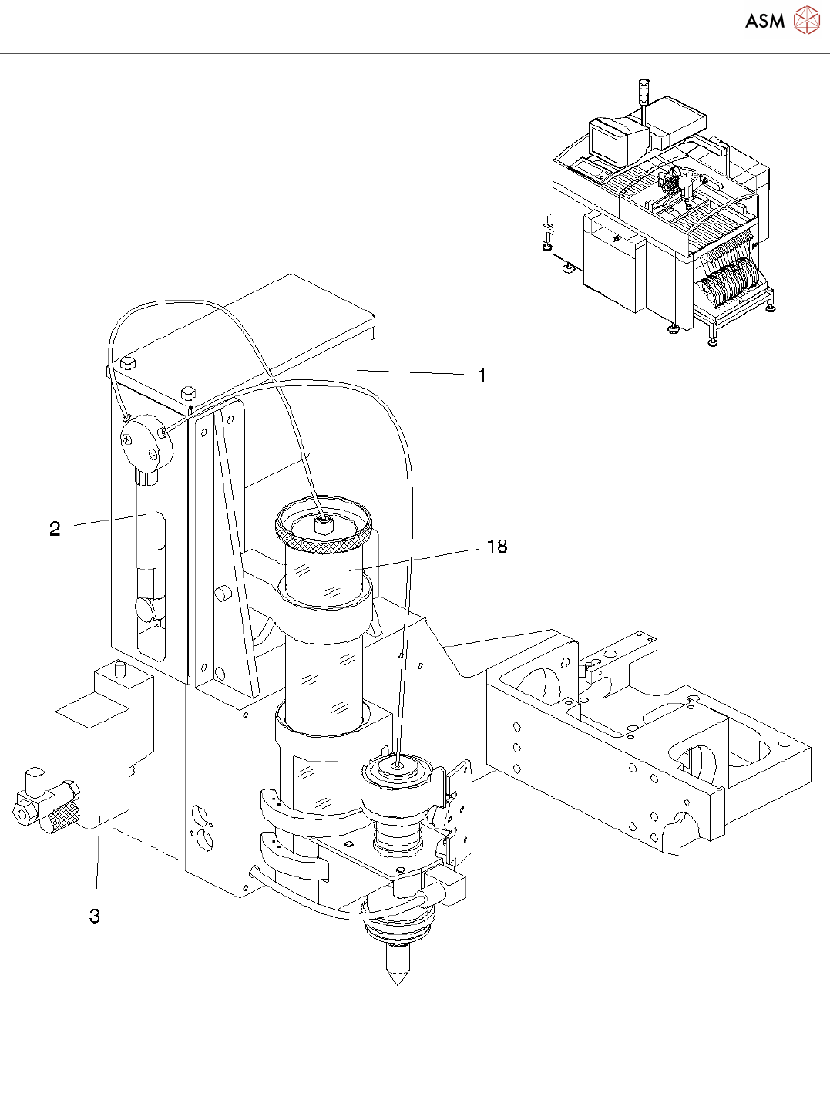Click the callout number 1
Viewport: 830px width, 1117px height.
482,375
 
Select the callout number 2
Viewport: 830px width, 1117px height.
55,528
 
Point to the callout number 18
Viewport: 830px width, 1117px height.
497,547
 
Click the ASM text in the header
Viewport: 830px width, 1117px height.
764,21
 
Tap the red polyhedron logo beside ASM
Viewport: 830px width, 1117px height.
807,20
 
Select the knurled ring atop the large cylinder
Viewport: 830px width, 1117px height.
324,527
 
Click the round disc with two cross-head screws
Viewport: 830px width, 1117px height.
146,441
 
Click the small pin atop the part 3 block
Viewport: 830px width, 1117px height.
120,670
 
